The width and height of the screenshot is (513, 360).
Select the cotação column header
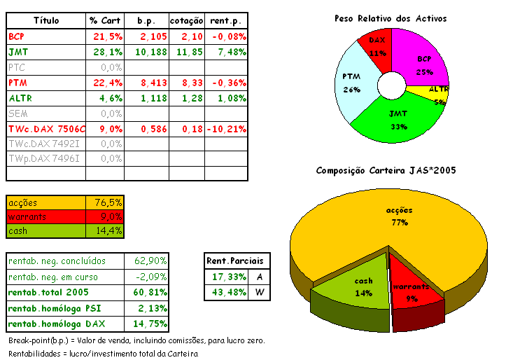tap(187, 20)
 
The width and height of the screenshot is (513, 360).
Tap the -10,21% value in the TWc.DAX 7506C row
tap(227, 129)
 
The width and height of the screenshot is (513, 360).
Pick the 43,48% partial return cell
tap(225, 292)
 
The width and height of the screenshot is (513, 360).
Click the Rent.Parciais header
tap(237, 261)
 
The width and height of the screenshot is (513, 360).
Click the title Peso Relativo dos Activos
tap(391, 18)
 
